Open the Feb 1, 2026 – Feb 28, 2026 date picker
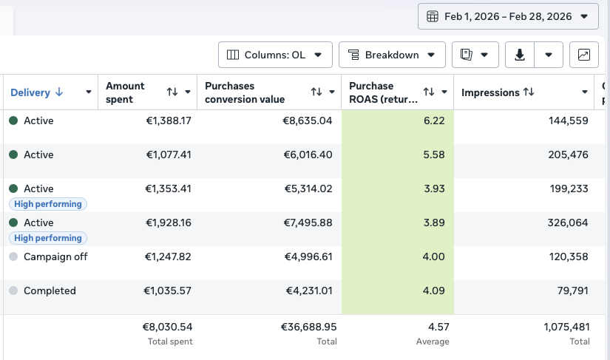[x=508, y=16]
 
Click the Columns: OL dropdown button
[x=275, y=55]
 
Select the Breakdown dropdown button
[x=392, y=55]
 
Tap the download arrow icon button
[x=520, y=55]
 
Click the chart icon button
[x=584, y=55]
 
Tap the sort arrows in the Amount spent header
[x=172, y=92]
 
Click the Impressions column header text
[x=490, y=92]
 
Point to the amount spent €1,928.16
[x=169, y=223]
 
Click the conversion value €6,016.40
[x=308, y=154]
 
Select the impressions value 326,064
[x=568, y=223]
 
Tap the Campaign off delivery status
[x=55, y=257]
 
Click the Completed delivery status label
[x=50, y=291]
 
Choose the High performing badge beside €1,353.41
[x=48, y=204]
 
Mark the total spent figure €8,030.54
[x=168, y=327]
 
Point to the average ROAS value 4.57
[x=438, y=327]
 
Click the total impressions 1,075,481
[x=567, y=327]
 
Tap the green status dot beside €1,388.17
[x=13, y=120]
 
